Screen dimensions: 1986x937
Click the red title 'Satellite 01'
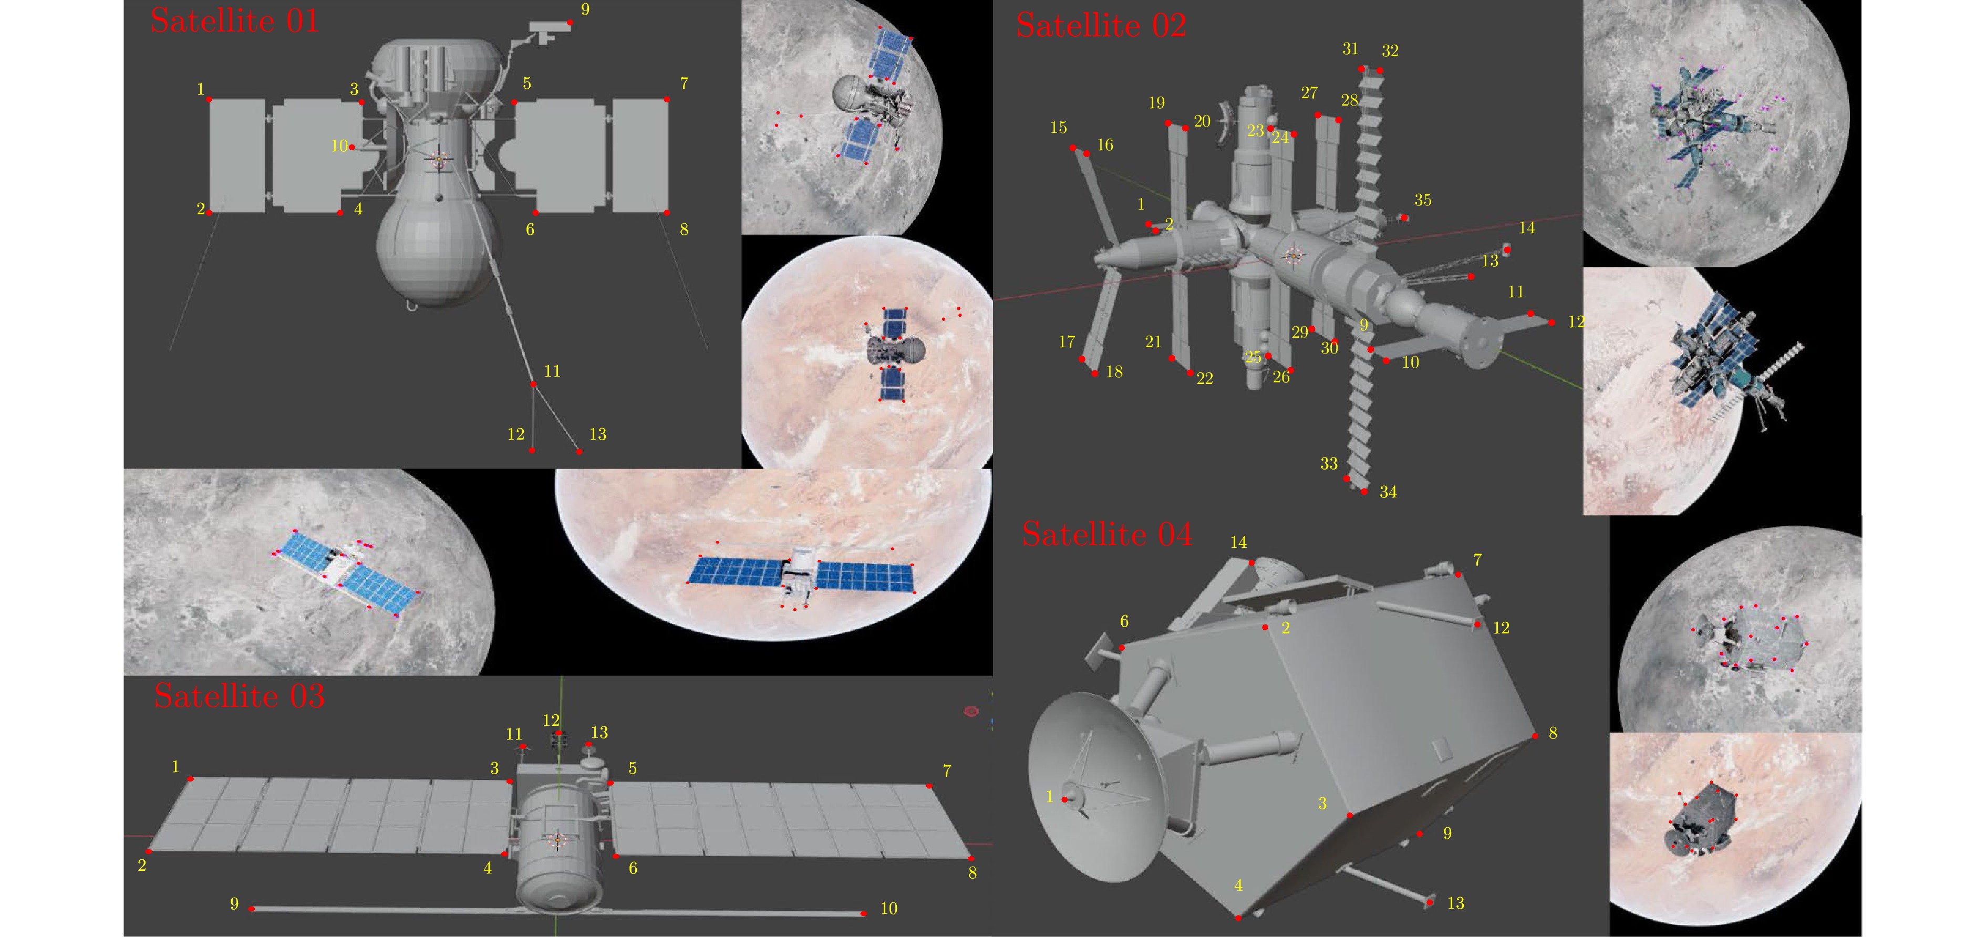pyautogui.click(x=234, y=21)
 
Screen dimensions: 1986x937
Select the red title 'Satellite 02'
pyautogui.click(x=1101, y=25)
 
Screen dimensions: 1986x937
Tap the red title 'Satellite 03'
pyautogui.click(x=239, y=696)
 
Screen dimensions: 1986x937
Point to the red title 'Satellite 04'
pyautogui.click(x=1107, y=534)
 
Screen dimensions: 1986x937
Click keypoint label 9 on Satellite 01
pyautogui.click(x=585, y=9)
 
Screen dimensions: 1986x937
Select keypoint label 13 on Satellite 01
pyautogui.click(x=597, y=434)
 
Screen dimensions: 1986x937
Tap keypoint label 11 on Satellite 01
pyautogui.click(x=552, y=371)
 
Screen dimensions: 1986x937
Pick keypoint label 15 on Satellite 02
pyautogui.click(x=1059, y=127)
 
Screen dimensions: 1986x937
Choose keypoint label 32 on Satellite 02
pyautogui.click(x=1390, y=51)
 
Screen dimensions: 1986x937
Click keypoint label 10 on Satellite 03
pyautogui.click(x=889, y=909)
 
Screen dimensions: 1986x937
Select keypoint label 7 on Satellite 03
pyautogui.click(x=947, y=771)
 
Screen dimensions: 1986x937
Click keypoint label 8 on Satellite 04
pyautogui.click(x=1553, y=733)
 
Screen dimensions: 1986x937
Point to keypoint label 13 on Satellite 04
pyautogui.click(x=1455, y=903)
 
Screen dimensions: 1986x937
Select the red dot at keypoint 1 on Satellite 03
pyautogui.click(x=190, y=779)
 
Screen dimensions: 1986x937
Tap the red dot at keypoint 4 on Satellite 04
pyautogui.click(x=1238, y=918)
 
